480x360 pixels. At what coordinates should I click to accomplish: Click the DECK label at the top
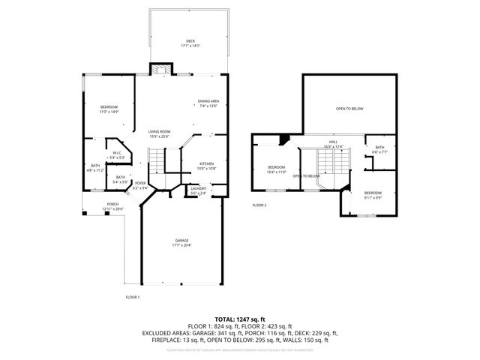click(x=190, y=42)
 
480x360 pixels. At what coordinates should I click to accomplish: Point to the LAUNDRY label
click(x=199, y=190)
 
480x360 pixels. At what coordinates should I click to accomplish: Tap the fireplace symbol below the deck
click(x=160, y=69)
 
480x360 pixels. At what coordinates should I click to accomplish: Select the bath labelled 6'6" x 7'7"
click(x=379, y=149)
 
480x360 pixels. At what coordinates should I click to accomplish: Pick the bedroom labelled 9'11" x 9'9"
click(x=373, y=195)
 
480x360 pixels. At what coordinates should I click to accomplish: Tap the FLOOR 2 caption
click(x=259, y=205)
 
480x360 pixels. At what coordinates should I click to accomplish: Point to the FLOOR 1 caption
click(x=132, y=298)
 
